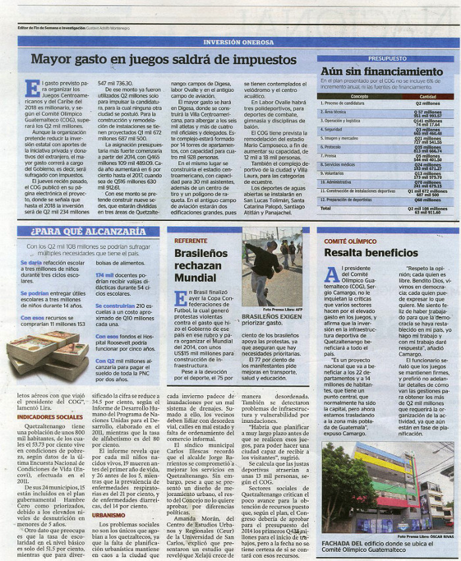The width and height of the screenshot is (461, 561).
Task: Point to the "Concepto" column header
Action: coord(360,96)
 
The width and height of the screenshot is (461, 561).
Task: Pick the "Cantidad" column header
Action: coord(427,96)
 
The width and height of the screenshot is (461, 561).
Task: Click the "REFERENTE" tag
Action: coord(190,241)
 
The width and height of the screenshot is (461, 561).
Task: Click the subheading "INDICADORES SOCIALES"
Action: coord(50,417)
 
